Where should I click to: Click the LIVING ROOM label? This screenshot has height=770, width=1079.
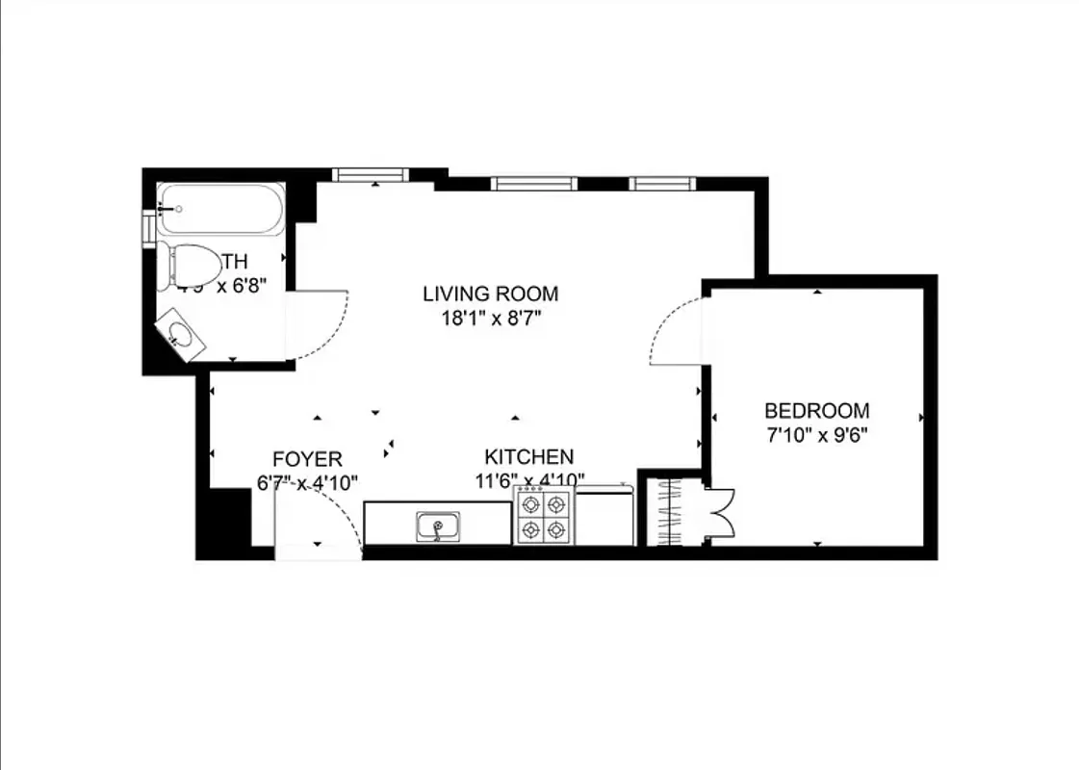[x=491, y=294]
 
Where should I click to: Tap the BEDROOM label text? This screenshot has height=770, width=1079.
[x=816, y=410]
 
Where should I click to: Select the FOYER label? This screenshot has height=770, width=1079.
[x=306, y=459]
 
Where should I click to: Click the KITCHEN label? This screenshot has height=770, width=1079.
[x=528, y=456]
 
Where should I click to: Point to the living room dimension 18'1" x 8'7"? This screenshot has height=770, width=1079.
[x=491, y=317]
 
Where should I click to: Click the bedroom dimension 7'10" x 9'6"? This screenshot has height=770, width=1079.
[x=816, y=434]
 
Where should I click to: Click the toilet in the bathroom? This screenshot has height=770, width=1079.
[x=195, y=262]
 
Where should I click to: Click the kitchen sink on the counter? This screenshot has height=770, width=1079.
[x=438, y=526]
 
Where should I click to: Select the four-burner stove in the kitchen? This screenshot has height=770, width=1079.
[x=543, y=516]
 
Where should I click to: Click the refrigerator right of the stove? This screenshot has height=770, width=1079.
[x=604, y=516]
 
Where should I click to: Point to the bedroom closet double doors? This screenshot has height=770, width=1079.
[x=720, y=511]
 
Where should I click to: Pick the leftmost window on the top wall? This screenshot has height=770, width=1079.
[x=371, y=174]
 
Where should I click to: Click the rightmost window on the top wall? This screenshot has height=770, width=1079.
[x=662, y=183]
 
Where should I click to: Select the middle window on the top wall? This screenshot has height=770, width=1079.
[x=533, y=183]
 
